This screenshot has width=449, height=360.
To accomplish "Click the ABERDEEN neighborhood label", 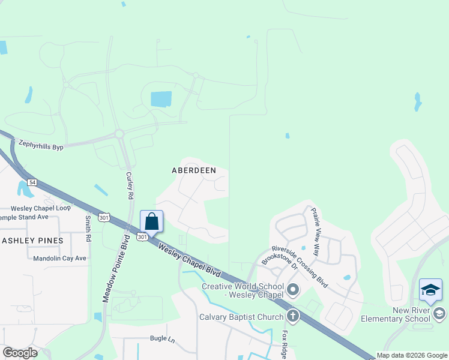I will (194, 170).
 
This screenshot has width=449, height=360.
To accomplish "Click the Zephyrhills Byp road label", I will (41, 145).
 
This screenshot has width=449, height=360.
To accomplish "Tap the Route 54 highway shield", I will (31, 182).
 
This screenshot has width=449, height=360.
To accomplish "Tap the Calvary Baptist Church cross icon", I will (293, 315).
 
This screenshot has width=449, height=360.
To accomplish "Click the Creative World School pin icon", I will (293, 290).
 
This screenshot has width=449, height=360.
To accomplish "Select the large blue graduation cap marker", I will (430, 290).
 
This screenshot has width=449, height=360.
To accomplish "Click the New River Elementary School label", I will (395, 314).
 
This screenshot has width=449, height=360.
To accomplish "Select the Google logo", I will (20, 353).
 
